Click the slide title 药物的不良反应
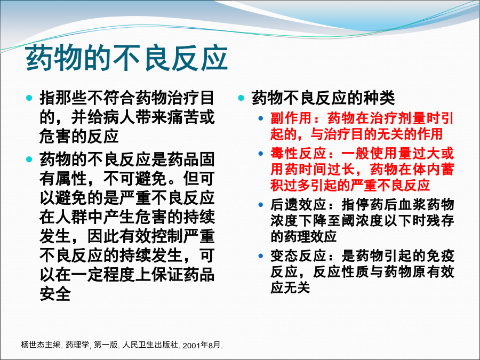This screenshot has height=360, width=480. pyautogui.click(x=127, y=58)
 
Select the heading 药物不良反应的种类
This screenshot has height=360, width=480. pyautogui.click(x=323, y=98)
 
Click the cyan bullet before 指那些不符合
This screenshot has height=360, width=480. pyautogui.click(x=29, y=98)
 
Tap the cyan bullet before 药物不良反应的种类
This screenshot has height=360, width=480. pyautogui.click(x=241, y=98)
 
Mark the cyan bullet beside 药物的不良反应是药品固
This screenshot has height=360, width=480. pyautogui.click(x=29, y=159)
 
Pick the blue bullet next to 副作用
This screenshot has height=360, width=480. pyautogui.click(x=260, y=118)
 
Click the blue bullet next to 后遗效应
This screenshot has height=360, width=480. pyautogui.click(x=260, y=204)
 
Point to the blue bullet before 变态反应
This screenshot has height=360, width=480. pyautogui.click(x=260, y=256)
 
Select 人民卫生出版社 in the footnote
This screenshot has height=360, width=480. pyautogui.click(x=150, y=345)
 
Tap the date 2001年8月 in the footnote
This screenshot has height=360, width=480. pyautogui.click(x=202, y=345)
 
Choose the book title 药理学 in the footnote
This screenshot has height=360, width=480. pyautogui.click(x=77, y=345)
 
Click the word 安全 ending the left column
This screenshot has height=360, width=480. pyautogui.click(x=55, y=294)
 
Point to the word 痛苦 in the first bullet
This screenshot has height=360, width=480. pyautogui.click(x=183, y=117)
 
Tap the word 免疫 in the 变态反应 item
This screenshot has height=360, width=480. pyautogui.click(x=440, y=256)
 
